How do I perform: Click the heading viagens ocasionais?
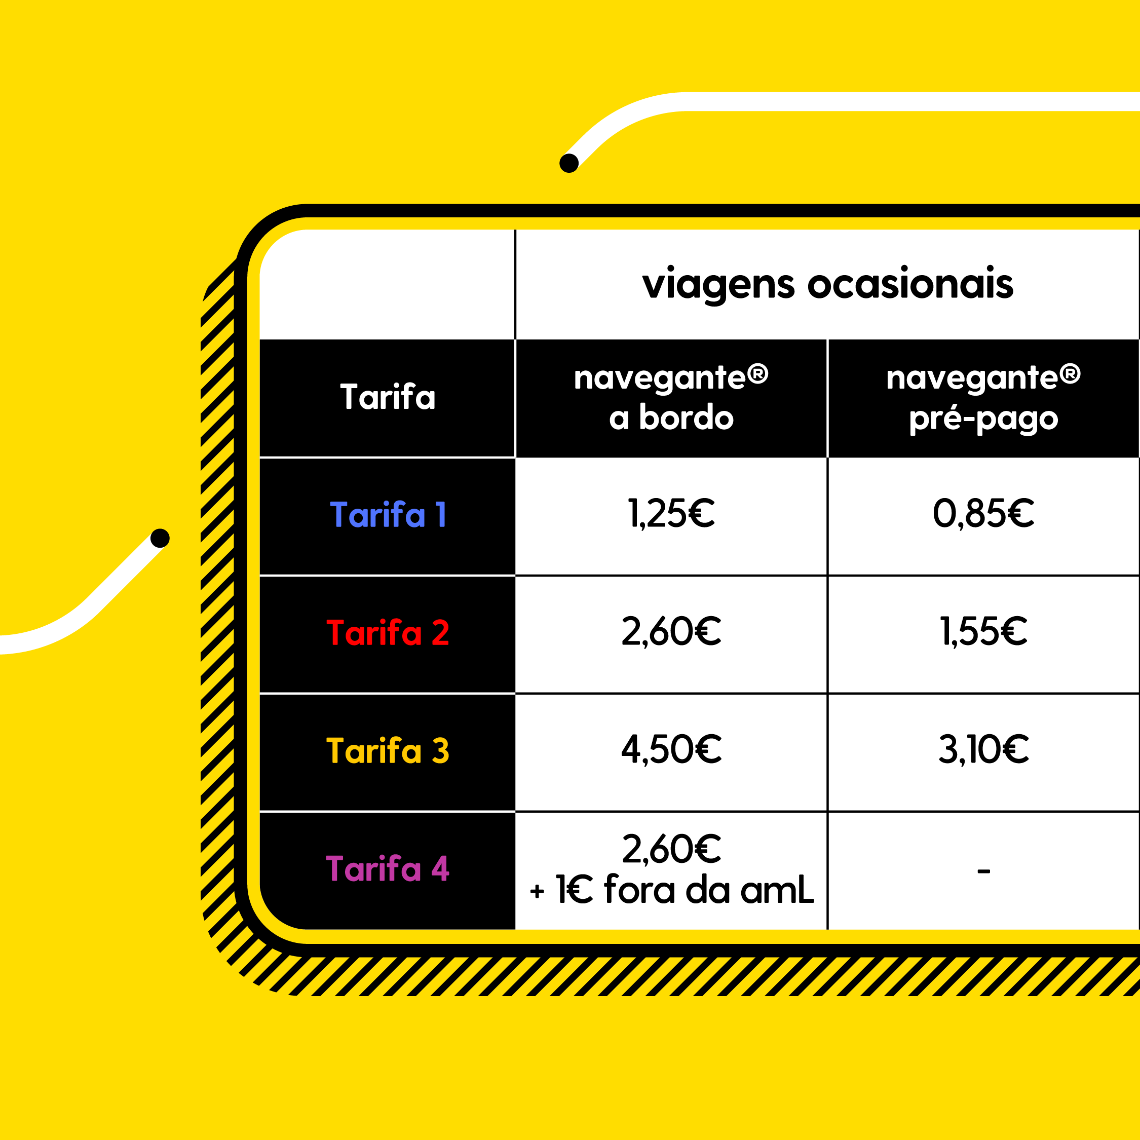pyautogui.click(x=827, y=285)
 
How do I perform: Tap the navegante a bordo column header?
pyautogui.click(x=671, y=397)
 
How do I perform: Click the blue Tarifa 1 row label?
pyautogui.click(x=388, y=515)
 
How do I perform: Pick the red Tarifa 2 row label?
pyautogui.click(x=388, y=632)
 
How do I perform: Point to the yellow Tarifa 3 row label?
pyautogui.click(x=388, y=750)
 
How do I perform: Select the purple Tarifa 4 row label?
pyautogui.click(x=388, y=868)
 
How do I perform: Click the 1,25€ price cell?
pyautogui.click(x=671, y=513)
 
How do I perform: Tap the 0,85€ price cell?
pyautogui.click(x=983, y=513)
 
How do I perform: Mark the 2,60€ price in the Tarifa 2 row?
pyautogui.click(x=671, y=631)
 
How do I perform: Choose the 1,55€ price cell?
pyautogui.click(x=983, y=631)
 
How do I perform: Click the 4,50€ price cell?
pyautogui.click(x=671, y=749)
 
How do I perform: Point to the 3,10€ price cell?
pyautogui.click(x=983, y=749)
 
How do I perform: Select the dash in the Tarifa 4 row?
pyautogui.click(x=983, y=871)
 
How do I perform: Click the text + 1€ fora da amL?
pyautogui.click(x=672, y=890)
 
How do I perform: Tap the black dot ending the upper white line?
pyautogui.click(x=569, y=163)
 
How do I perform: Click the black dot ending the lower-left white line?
pyautogui.click(x=160, y=538)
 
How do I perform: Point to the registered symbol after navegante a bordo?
pyautogui.click(x=757, y=373)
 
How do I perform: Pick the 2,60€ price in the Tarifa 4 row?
pyautogui.click(x=671, y=849)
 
